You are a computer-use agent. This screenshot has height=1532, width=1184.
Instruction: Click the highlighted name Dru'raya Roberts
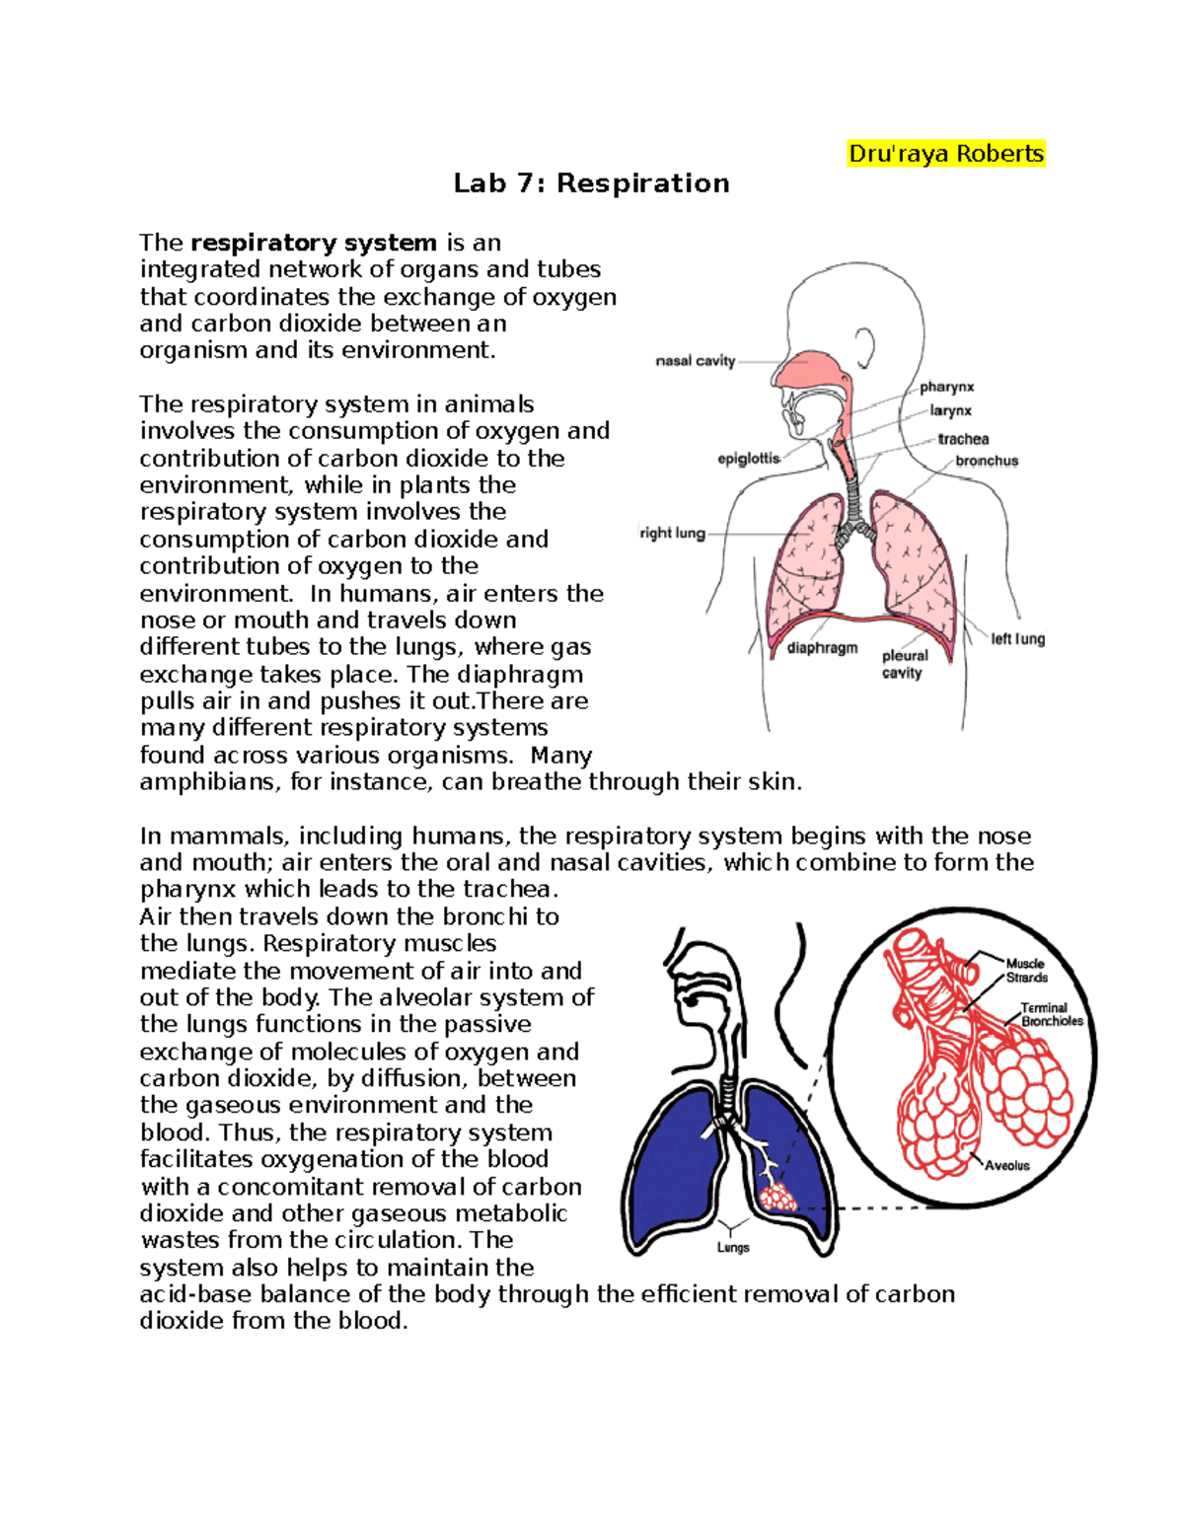(945, 154)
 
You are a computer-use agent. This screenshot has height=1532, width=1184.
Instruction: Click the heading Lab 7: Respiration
(591, 183)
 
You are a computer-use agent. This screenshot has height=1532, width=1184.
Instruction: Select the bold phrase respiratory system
(314, 243)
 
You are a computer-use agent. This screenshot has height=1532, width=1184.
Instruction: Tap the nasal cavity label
(696, 361)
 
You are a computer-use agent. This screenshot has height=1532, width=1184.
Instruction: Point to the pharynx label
(946, 387)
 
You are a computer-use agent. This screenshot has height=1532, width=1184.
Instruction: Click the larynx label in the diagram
(950, 410)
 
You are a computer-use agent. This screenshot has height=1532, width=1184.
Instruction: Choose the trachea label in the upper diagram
(963, 439)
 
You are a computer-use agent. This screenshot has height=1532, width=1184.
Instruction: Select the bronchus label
(986, 461)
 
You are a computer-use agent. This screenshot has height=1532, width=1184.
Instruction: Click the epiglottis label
(749, 458)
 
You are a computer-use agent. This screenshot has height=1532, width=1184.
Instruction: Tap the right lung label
(672, 533)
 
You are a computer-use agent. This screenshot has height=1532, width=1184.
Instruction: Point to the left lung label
(1017, 639)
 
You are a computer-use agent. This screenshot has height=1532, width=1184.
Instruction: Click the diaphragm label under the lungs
(822, 648)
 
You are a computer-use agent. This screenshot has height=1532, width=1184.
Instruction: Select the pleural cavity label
(904, 664)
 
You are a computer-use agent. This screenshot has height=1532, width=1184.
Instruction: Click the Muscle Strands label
(1026, 971)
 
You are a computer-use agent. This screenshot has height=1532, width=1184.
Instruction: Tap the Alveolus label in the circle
(1006, 1165)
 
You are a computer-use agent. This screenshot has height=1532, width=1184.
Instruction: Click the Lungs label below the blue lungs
(733, 1247)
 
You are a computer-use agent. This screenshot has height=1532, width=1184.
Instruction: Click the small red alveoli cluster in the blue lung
(778, 1199)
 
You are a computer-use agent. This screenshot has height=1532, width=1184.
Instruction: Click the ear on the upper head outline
(864, 347)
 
